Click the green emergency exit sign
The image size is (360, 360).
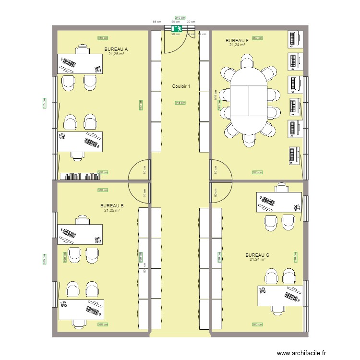click(177, 29)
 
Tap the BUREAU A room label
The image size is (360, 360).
click(116, 49)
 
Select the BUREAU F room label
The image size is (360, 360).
click(237, 40)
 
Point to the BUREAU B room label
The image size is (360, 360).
click(112, 205)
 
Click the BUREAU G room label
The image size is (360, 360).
click(257, 255)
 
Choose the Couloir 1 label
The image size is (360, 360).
click(181, 86)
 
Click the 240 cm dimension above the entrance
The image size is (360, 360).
click(180, 17)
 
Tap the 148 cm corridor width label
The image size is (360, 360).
click(180, 103)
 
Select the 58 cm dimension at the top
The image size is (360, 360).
click(156, 22)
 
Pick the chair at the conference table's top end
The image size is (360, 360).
click(248, 61)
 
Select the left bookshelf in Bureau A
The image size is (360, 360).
click(68, 176)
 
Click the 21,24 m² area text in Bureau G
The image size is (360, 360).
click(257, 260)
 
